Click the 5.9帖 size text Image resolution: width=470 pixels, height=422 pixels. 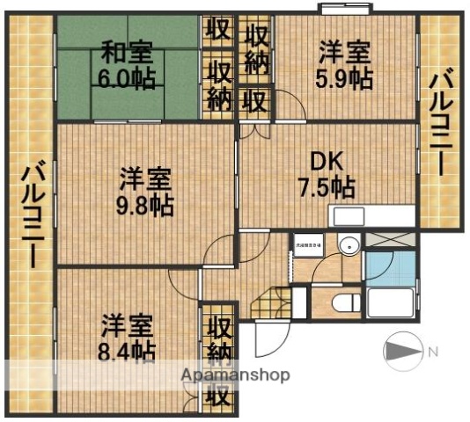(343, 78)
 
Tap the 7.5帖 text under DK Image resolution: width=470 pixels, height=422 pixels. (326, 186)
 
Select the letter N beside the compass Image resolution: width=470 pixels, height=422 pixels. (432, 353)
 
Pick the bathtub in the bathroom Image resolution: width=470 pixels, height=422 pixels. (387, 304)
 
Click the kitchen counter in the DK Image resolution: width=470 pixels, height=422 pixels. (371, 215)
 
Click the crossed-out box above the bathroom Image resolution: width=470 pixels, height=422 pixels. (388, 238)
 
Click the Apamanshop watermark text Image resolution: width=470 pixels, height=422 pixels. (235, 375)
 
